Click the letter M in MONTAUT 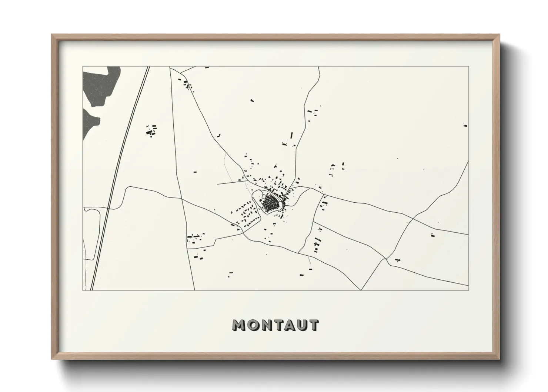(x=239, y=325)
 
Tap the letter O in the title (x=253, y=325)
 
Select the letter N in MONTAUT (x=265, y=325)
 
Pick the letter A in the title (x=289, y=325)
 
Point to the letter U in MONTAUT (x=301, y=325)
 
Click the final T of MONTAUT (x=313, y=325)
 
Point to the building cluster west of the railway (x=151, y=130)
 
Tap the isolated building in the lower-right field (x=432, y=235)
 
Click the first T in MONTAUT (x=277, y=325)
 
